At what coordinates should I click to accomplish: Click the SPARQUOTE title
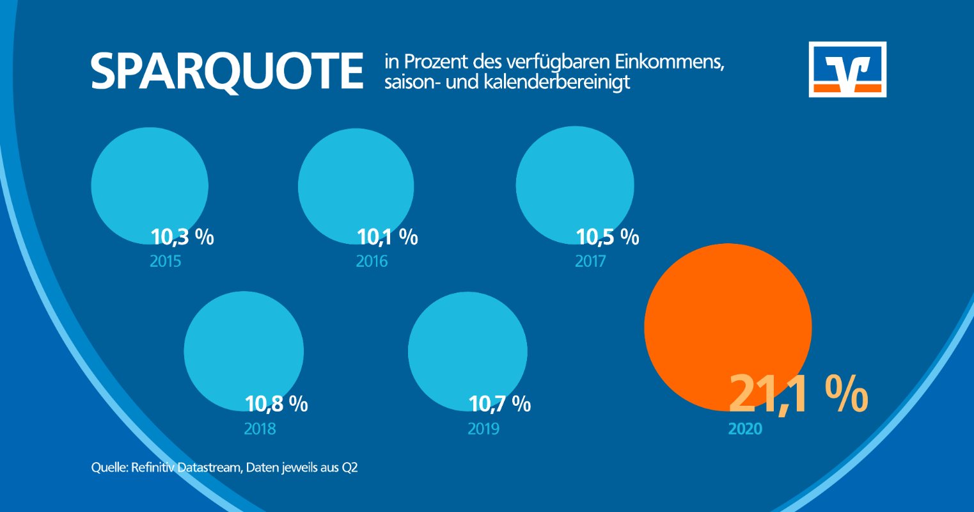pos(226,71)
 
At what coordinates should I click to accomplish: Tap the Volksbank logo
pos(847,69)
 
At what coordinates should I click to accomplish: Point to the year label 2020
pos(745,429)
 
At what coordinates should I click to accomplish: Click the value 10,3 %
pos(182,237)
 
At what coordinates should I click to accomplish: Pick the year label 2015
pos(165,262)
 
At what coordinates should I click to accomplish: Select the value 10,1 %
pos(388,237)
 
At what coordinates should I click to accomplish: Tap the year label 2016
pos(372,262)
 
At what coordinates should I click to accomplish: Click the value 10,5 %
pos(608,237)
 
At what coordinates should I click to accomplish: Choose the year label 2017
pos(590,262)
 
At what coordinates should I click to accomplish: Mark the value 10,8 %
pos(276,404)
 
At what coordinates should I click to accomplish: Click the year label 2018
pos(260,429)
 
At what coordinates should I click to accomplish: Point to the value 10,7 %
pos(499,404)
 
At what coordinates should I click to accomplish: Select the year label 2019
pos(483,429)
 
